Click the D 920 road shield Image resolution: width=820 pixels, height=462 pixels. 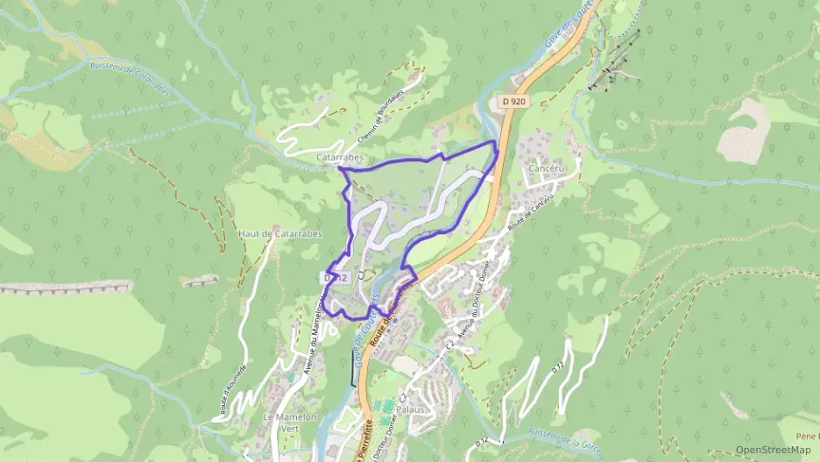[x=514, y=102]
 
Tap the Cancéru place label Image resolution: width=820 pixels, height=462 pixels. [x=544, y=167]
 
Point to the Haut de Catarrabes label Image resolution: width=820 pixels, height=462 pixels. [x=280, y=234]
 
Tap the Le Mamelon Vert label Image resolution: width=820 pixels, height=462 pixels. [x=289, y=423]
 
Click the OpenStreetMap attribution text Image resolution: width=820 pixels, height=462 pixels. [x=773, y=450]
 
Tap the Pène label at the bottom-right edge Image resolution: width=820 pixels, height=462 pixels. [x=807, y=436]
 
